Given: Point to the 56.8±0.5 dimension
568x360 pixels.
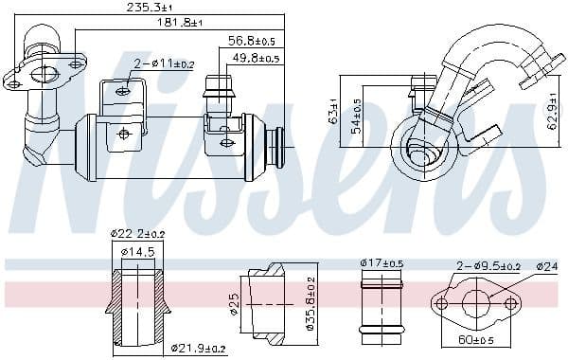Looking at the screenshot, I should (x=252, y=42).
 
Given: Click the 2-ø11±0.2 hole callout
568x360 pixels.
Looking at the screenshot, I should (x=165, y=64).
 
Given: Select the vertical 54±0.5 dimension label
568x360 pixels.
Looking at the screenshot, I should (x=356, y=115).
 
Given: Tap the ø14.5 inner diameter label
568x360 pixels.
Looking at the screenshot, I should (x=138, y=251).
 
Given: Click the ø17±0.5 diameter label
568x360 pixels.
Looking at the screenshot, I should (x=382, y=262).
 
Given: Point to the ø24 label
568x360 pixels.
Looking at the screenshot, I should (x=547, y=266).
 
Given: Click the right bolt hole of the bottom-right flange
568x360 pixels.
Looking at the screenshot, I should (x=512, y=304).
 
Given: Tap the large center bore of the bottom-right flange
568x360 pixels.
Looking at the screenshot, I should (x=476, y=303).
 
